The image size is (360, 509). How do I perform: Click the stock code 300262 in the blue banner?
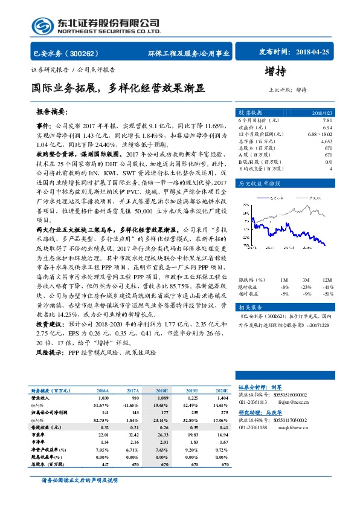[88, 53]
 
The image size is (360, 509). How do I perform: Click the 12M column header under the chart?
[327, 280]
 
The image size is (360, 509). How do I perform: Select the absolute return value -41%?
[327, 287]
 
